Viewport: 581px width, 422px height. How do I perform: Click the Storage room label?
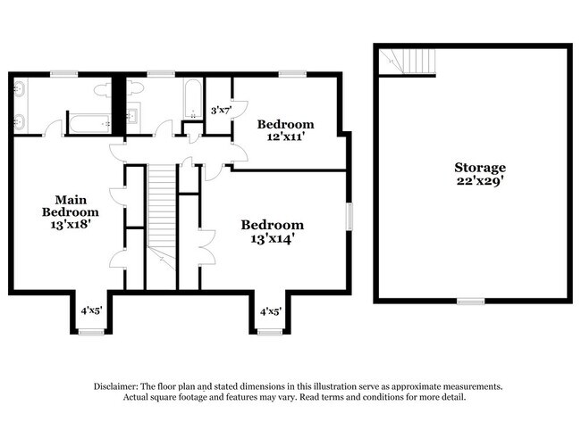pyautogui.click(x=479, y=167)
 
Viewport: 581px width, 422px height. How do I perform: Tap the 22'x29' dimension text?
pyautogui.click(x=479, y=181)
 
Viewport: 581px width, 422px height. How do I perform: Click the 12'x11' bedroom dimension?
pyautogui.click(x=285, y=137)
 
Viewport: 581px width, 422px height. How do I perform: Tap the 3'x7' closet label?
pyautogui.click(x=220, y=110)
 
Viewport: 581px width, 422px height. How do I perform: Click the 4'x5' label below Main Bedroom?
pyautogui.click(x=91, y=311)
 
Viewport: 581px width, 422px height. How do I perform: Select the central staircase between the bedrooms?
pyautogui.click(x=159, y=214)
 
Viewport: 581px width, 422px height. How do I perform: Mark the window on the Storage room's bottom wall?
pyautogui.click(x=470, y=301)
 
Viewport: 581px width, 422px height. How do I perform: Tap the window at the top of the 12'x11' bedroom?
pyautogui.click(x=291, y=74)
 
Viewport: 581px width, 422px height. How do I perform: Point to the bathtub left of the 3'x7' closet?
pyautogui.click(x=192, y=98)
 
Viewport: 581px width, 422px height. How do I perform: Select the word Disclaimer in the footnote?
pyautogui.click(x=120, y=386)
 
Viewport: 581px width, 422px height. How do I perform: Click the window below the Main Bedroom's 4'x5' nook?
pyautogui.click(x=90, y=332)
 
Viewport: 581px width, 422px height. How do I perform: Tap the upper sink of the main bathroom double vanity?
pyautogui.click(x=20, y=90)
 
